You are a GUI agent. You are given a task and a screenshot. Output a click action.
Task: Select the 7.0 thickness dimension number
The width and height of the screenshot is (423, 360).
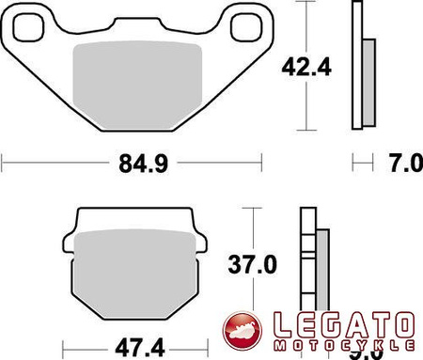pyautogui.click(x=405, y=164)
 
